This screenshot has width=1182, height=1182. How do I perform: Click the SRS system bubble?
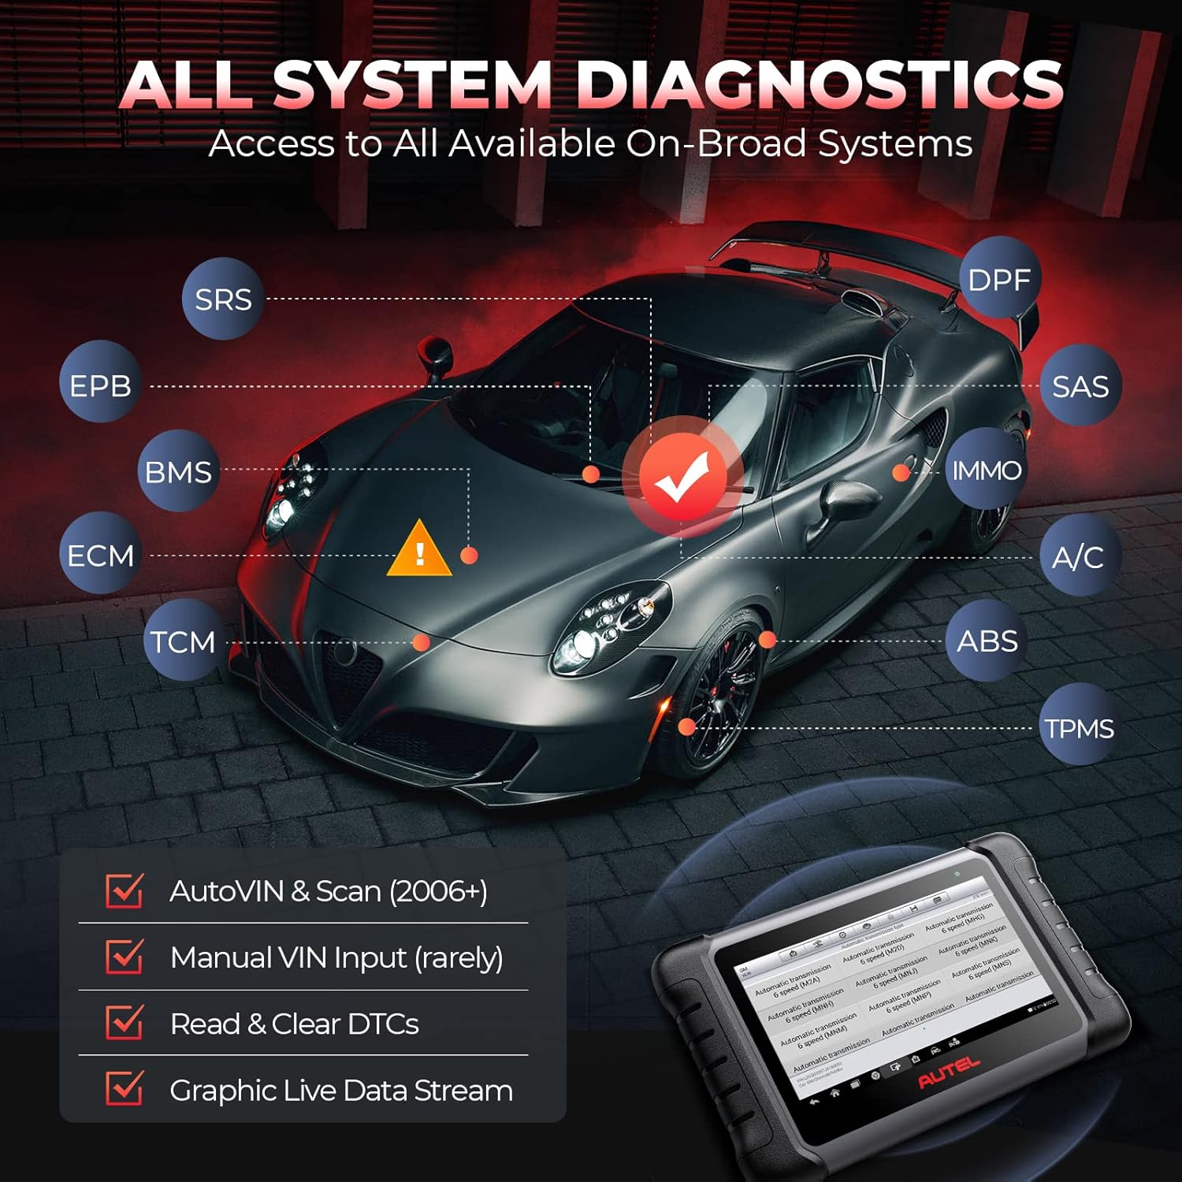click(223, 299)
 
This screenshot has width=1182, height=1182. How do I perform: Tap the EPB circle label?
click(100, 385)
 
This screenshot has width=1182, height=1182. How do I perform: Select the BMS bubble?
click(178, 472)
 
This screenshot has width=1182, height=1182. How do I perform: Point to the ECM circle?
click(100, 556)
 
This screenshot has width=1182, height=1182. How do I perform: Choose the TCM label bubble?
click(183, 641)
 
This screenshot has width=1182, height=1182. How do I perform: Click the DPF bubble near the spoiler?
click(999, 280)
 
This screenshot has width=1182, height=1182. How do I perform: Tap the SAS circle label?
click(1080, 386)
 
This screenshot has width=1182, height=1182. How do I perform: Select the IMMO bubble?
click(987, 470)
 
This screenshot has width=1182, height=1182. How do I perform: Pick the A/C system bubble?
click(1078, 557)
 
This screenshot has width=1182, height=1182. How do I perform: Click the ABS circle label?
click(987, 641)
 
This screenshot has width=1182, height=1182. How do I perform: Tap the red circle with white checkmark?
click(682, 478)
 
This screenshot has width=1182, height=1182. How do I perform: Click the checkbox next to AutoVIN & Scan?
click(125, 890)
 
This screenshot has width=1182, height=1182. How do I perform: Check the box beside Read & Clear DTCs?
click(125, 1022)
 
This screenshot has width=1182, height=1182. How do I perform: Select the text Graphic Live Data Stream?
click(341, 1091)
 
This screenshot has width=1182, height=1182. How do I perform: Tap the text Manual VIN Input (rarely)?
click(336, 957)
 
